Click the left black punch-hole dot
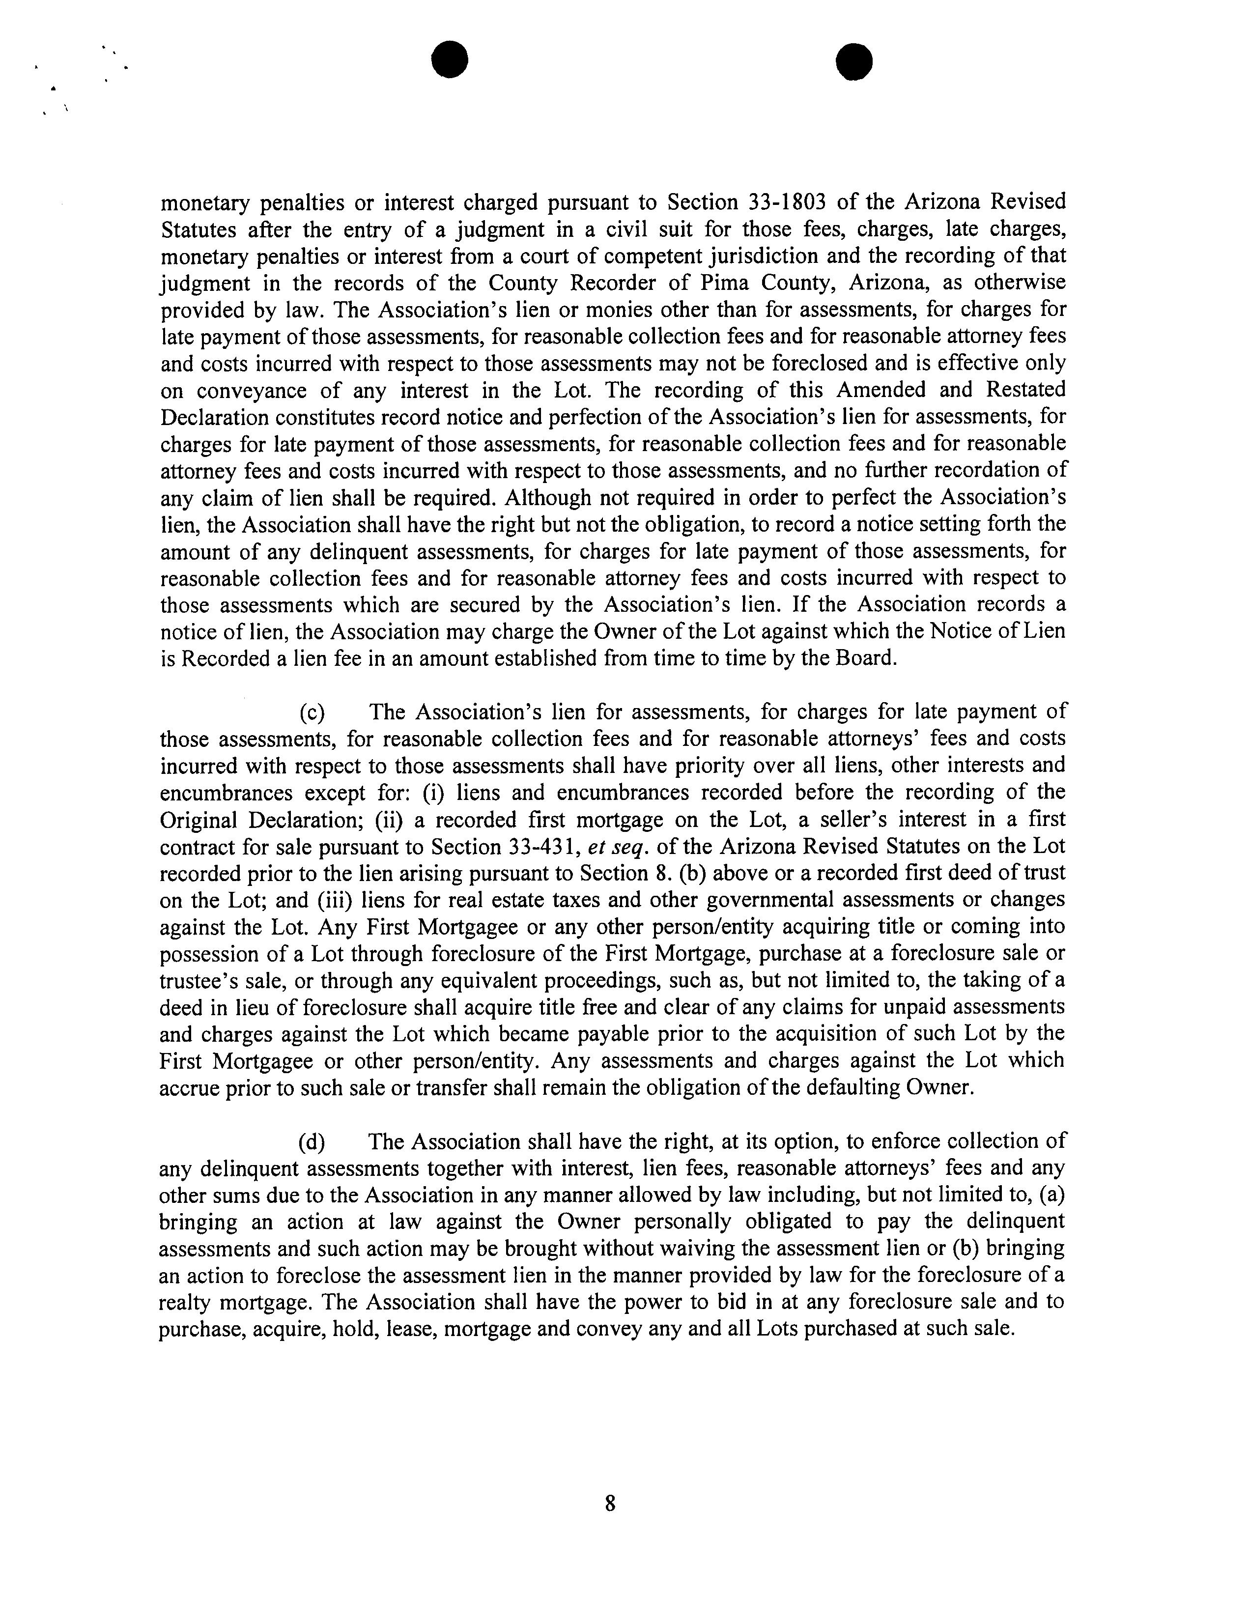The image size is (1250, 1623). [x=451, y=59]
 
